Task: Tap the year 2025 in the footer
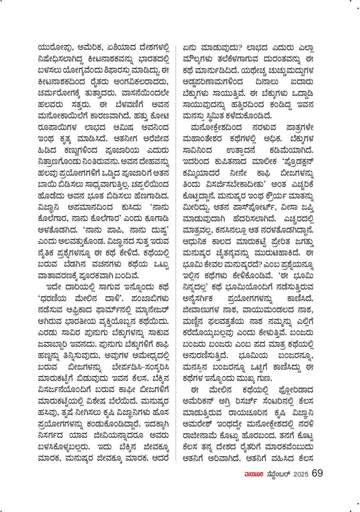tap(301, 474)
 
